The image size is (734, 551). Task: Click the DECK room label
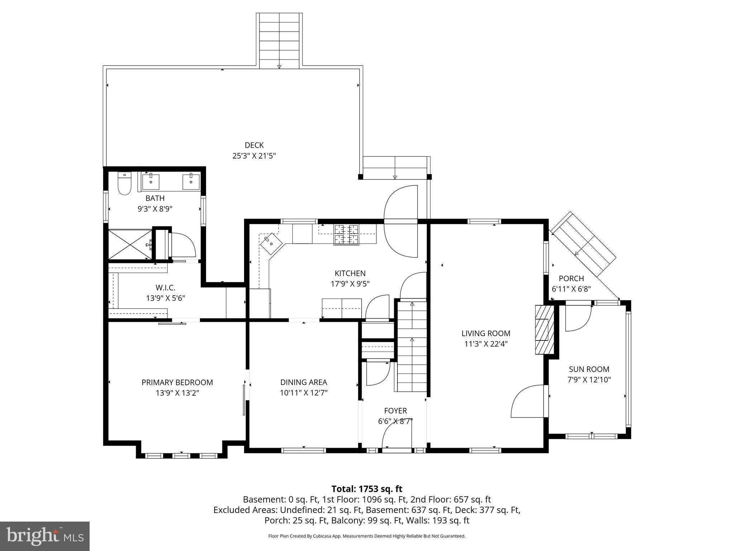(x=254, y=145)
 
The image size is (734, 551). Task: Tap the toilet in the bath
(x=125, y=183)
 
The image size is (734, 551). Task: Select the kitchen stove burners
(x=346, y=235)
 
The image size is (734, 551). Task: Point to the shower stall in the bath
(x=130, y=244)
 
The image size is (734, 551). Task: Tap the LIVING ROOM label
(x=486, y=333)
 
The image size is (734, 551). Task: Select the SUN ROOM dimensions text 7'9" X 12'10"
(x=589, y=380)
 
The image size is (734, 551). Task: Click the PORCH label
(x=571, y=278)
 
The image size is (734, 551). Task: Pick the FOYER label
(x=395, y=411)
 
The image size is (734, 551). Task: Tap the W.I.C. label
(x=166, y=287)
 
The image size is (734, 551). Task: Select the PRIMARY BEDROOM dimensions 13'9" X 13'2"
(x=177, y=393)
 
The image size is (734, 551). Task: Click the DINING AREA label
(x=304, y=382)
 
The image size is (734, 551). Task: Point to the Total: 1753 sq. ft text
(x=367, y=489)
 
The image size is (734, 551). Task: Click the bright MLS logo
(x=45, y=536)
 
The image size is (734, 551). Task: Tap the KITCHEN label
(x=350, y=273)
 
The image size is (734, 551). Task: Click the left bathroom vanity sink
(x=151, y=181)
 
